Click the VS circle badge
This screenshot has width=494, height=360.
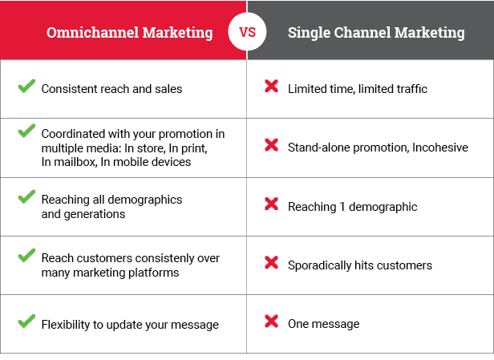247,33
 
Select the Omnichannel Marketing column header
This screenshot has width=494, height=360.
129,33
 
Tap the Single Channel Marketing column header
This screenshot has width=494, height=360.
376,33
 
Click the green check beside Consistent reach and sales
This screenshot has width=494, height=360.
26,87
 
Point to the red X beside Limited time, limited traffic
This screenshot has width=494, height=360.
271,87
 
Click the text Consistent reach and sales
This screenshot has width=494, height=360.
111,89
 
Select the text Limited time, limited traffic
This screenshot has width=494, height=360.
357,89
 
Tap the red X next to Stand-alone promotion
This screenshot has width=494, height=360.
271,145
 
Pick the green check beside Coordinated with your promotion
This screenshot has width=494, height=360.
26,131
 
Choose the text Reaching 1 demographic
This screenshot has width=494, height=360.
352,207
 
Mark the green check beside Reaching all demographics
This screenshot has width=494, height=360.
26,196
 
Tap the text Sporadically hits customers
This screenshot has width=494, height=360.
359,265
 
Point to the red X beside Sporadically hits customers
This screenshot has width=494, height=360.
271,263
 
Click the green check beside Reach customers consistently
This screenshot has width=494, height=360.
26,256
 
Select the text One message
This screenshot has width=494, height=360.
323,324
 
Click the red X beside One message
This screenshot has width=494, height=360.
271,322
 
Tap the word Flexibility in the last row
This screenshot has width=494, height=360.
66,324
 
